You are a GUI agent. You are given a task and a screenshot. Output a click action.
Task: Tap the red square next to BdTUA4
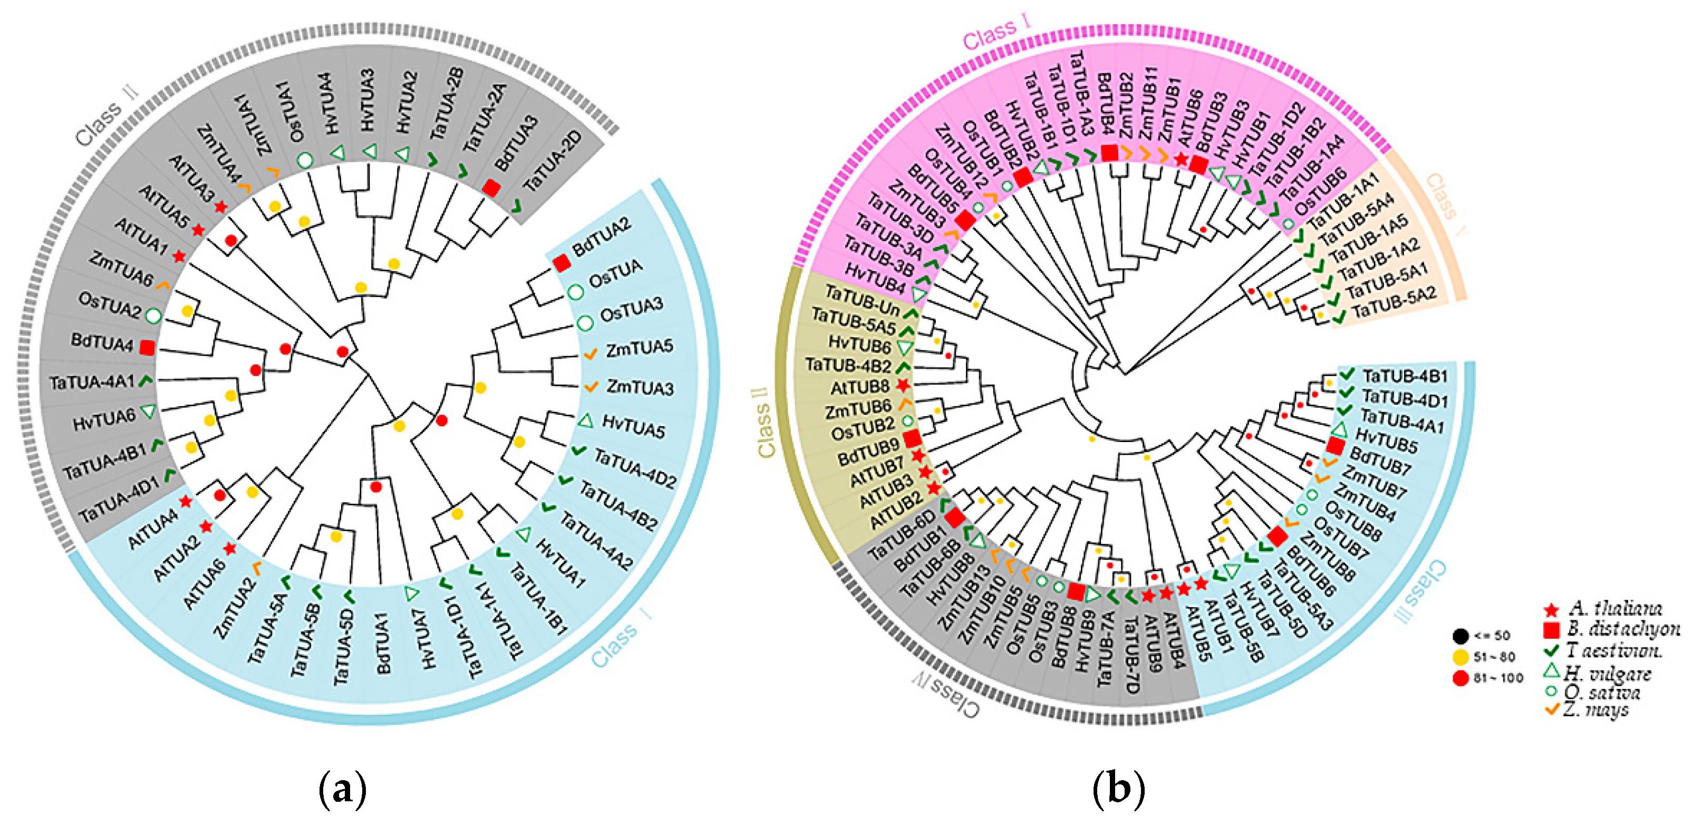click(147, 347)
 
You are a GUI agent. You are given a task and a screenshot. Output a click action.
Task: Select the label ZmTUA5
click(639, 348)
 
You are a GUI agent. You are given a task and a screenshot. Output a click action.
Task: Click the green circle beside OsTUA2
click(152, 315)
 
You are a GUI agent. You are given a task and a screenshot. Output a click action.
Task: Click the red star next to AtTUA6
click(229, 548)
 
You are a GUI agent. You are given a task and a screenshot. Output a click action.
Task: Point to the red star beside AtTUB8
click(903, 385)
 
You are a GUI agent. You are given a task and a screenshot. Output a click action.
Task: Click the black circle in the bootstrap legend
click(1460, 636)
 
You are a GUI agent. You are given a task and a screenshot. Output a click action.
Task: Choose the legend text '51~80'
click(1494, 656)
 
